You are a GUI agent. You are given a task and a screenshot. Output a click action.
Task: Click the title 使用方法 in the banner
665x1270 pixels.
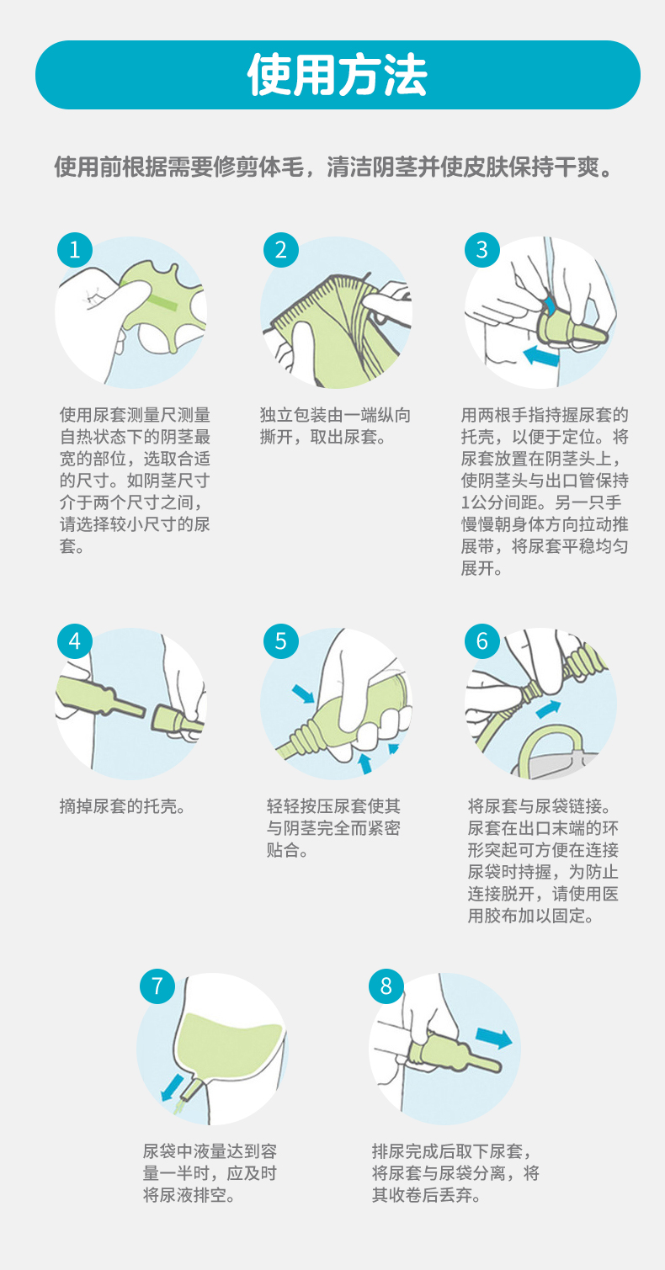click(x=338, y=75)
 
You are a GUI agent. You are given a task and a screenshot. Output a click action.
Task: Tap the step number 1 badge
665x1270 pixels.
click(x=75, y=250)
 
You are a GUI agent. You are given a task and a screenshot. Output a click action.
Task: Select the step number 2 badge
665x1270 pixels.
click(x=281, y=250)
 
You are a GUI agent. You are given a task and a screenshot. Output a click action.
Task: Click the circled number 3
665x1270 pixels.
click(x=481, y=250)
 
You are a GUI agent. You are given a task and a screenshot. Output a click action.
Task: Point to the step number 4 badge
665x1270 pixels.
click(x=75, y=641)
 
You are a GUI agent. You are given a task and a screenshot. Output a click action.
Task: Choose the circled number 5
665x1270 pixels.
click(x=281, y=641)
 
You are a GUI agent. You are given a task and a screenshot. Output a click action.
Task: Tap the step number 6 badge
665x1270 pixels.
click(x=481, y=641)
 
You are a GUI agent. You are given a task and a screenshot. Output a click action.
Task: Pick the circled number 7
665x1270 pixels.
click(x=157, y=986)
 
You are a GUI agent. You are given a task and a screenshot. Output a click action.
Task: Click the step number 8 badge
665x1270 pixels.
click(x=386, y=986)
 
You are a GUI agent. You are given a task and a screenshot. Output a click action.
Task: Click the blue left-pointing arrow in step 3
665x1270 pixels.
click(x=541, y=356)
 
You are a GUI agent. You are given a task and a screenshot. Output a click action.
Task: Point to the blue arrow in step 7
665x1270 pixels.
click(x=172, y=1087)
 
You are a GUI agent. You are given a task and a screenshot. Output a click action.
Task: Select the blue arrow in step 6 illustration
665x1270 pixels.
click(x=548, y=709)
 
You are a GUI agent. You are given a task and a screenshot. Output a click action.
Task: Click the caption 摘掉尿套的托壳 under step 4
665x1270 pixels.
click(x=119, y=806)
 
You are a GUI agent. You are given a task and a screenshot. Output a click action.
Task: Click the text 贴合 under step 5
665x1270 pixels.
click(x=284, y=850)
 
